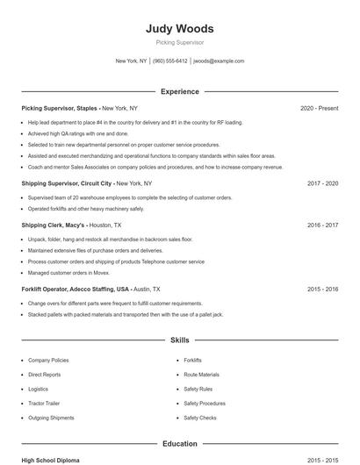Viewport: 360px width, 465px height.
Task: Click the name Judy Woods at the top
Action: [179, 28]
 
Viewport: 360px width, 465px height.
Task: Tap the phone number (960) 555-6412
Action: [170, 61]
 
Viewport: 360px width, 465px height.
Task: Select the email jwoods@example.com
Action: [219, 61]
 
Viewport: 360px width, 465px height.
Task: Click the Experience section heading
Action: [179, 91]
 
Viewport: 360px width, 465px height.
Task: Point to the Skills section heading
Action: [179, 340]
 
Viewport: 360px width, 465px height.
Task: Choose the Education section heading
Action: [179, 444]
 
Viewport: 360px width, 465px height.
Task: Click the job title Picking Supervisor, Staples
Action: [60, 108]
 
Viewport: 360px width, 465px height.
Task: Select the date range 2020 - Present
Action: [319, 108]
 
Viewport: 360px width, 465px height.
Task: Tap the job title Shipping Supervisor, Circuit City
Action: [68, 183]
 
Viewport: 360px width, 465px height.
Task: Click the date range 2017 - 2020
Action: [322, 183]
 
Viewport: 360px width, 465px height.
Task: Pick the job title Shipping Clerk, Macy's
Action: [53, 225]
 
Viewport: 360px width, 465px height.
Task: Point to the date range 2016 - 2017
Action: [322, 225]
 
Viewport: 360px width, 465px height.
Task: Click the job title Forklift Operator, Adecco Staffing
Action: [75, 288]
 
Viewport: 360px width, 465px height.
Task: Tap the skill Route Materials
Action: [201, 375]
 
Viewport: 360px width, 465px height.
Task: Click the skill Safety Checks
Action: [199, 418]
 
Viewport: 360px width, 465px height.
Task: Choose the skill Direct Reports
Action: [45, 375]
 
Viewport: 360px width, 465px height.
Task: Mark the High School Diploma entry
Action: [51, 460]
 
